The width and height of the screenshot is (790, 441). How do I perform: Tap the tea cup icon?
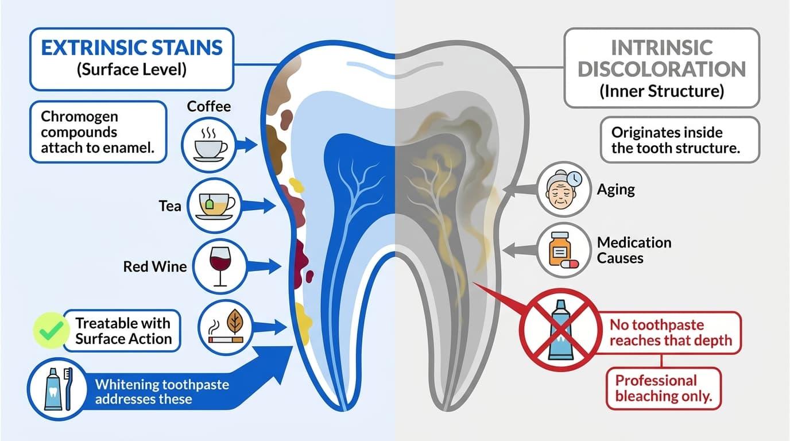tap(214, 206)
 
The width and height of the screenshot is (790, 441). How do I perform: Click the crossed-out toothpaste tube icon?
tap(561, 330)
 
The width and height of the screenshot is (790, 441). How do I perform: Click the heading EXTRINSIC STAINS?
tap(132, 48)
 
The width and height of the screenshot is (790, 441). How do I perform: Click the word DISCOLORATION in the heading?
tap(661, 69)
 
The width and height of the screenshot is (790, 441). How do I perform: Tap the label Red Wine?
tap(155, 266)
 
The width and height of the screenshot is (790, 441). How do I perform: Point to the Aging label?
tap(616, 190)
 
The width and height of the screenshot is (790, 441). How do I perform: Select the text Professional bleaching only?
tap(663, 388)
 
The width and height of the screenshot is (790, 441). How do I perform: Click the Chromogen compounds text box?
tap(98, 132)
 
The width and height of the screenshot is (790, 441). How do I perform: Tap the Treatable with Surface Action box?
tap(122, 331)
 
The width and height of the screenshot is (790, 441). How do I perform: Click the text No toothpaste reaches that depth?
tap(671, 332)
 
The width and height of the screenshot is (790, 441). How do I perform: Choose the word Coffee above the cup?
tap(209, 106)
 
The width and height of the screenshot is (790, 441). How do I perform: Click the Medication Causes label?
tap(634, 250)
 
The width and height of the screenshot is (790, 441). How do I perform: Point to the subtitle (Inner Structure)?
tap(661, 91)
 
